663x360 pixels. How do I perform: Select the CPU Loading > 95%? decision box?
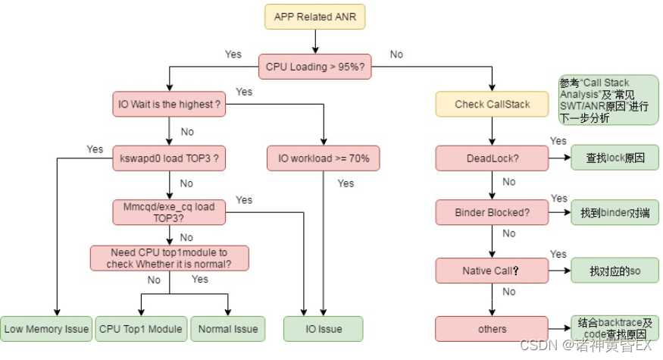[x=314, y=67]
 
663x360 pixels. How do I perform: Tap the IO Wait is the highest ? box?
[x=169, y=104]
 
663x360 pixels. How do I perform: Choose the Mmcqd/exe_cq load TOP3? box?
[x=169, y=212]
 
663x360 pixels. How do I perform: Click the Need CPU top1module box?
[x=169, y=258]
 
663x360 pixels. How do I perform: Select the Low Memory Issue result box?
[x=46, y=329]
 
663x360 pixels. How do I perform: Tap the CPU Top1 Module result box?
[x=141, y=329]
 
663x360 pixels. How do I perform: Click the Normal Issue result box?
[x=228, y=329]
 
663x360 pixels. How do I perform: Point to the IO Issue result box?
[x=324, y=329]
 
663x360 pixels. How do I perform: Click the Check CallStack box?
[x=493, y=104]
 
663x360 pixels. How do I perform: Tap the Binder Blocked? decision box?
[x=493, y=212]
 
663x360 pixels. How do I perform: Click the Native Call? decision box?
[x=493, y=270]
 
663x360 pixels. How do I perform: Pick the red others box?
[x=493, y=329]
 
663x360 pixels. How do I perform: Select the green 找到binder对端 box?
[x=615, y=213]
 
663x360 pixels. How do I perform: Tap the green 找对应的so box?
[x=615, y=271]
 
